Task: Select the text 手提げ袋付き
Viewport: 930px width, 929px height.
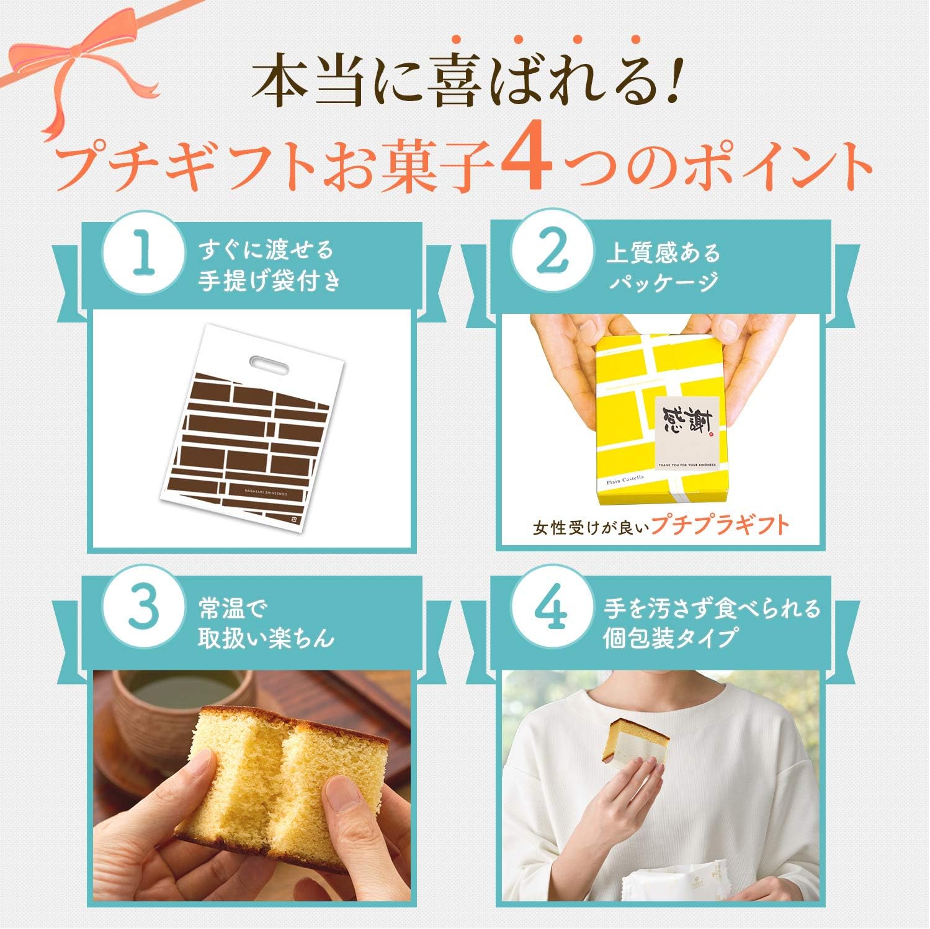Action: click(269, 283)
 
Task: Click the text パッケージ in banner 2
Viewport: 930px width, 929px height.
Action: click(663, 283)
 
